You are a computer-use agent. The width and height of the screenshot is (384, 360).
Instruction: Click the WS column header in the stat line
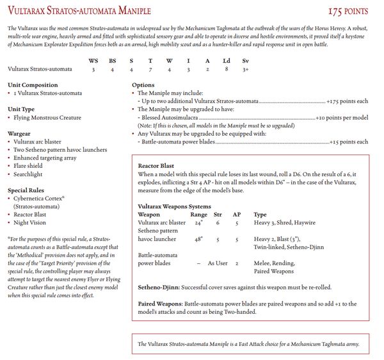(93, 60)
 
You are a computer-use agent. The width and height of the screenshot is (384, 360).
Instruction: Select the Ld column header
(227, 60)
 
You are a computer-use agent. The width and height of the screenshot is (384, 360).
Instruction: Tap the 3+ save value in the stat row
(246, 69)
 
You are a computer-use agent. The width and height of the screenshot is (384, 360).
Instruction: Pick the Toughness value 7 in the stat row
(150, 69)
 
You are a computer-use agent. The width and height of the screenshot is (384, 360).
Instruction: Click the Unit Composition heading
(33, 85)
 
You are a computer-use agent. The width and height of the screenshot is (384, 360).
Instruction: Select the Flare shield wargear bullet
(31, 165)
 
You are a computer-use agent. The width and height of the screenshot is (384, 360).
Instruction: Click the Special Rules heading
(26, 190)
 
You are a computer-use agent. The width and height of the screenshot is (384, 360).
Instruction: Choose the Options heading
(143, 85)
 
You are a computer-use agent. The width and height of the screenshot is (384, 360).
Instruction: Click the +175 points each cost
(348, 101)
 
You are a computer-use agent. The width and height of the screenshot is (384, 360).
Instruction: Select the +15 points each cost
(349, 142)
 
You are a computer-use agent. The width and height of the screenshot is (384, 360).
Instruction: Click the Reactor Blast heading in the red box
(156, 166)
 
